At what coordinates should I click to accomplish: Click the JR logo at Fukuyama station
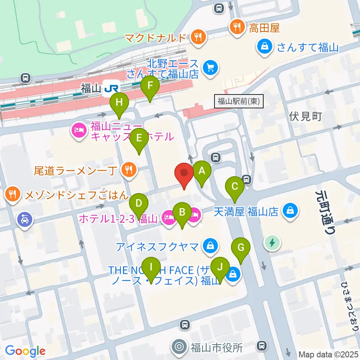pyautogui.click(x=112, y=88)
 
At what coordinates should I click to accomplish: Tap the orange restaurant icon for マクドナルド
pyautogui.click(x=196, y=37)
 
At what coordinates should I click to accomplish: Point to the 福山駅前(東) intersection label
pyautogui.click(x=239, y=101)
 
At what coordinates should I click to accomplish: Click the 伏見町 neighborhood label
pyautogui.click(x=306, y=116)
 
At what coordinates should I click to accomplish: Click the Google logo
pyautogui.click(x=25, y=351)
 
